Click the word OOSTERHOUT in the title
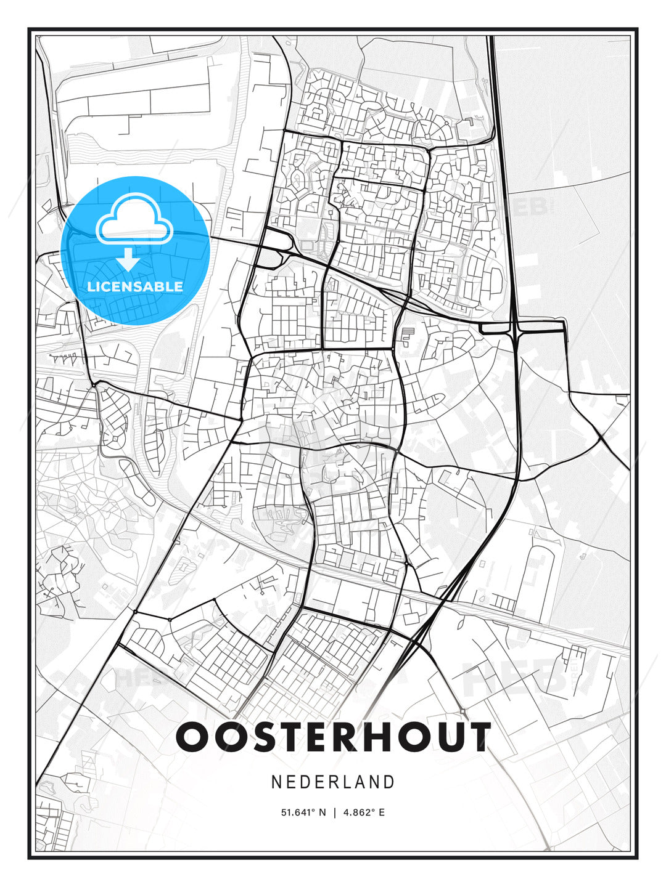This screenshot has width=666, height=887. coord(333,737)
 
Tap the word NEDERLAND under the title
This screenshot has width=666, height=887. coord(333,782)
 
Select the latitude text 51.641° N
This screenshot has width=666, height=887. coord(303,812)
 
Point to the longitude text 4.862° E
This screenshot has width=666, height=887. coord(363,812)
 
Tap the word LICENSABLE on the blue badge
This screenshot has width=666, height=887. coord(135,286)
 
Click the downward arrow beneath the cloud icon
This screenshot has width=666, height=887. coord(129,259)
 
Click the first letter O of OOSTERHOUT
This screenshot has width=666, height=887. coord(192,737)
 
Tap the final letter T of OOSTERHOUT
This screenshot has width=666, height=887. coord(476,737)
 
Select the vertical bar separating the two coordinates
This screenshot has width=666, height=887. coord(334,812)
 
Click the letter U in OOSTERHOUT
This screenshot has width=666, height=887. coord(444,737)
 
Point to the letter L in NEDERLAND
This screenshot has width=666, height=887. coord(346,782)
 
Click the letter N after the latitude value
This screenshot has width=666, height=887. coord(322,812)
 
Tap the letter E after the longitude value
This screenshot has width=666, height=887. coord(382,812)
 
